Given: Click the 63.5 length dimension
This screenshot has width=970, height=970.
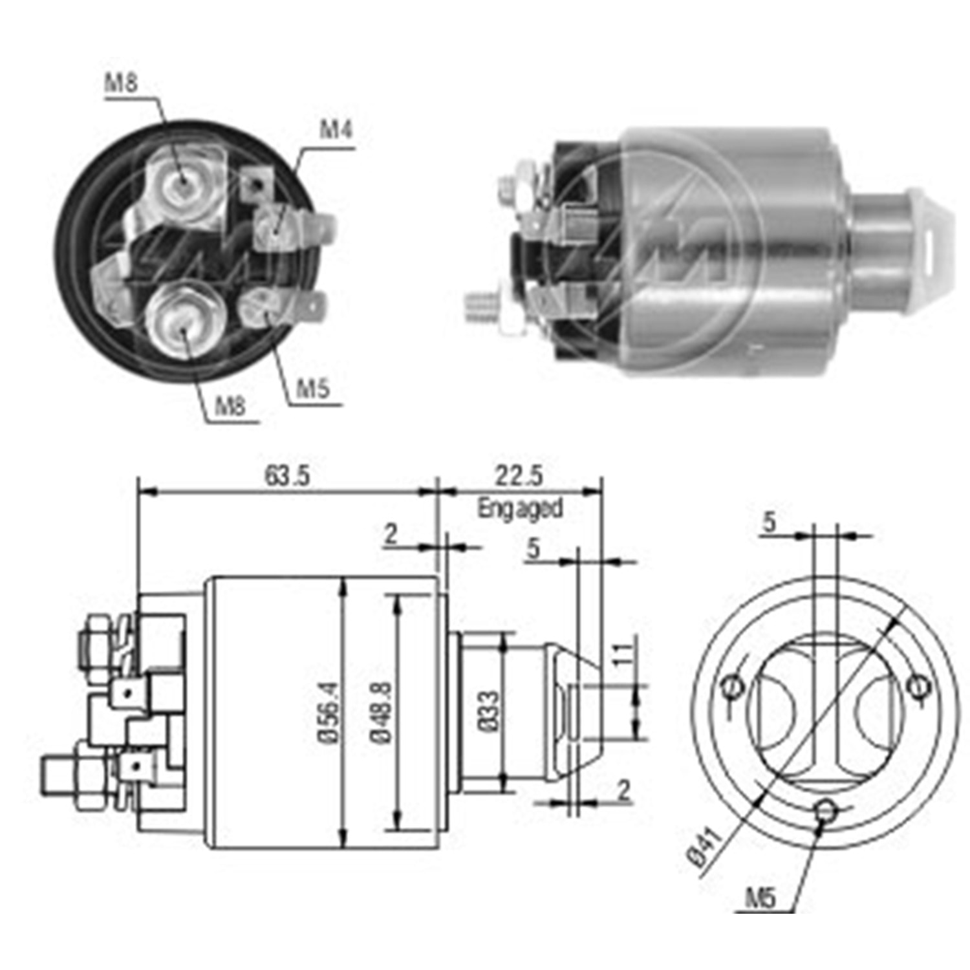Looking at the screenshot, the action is (x=287, y=476).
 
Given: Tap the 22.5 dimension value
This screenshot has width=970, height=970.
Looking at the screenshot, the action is (x=519, y=476).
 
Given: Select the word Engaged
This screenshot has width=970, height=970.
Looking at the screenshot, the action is (x=520, y=508).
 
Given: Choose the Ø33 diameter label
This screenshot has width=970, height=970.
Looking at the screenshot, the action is (x=490, y=710).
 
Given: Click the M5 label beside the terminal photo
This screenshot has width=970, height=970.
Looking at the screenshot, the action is (x=312, y=389).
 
